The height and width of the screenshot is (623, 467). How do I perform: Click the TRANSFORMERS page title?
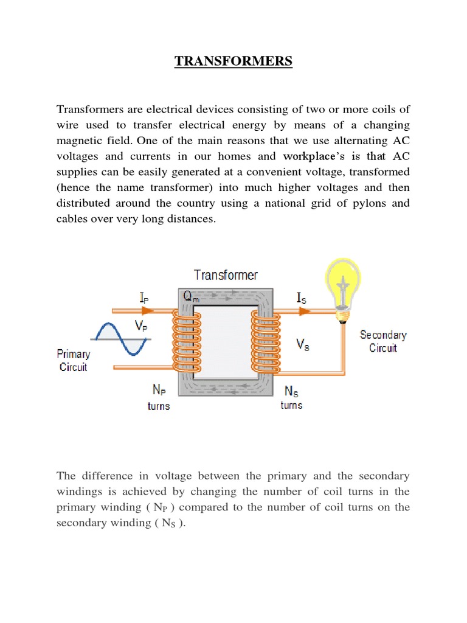233,61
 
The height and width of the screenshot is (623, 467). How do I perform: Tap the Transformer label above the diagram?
226,275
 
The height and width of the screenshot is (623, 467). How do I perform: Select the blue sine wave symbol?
120,339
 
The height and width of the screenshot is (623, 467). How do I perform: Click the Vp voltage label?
141,326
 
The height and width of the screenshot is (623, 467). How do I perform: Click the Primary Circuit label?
73,360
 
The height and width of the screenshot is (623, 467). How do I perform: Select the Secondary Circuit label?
383,341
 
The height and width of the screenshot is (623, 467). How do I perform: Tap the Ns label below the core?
291,392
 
